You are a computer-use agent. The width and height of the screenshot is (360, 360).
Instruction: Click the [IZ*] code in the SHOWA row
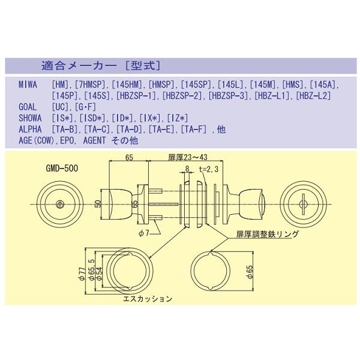pos(178,117)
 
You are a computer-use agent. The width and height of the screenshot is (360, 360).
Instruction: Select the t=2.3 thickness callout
pos(209,170)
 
